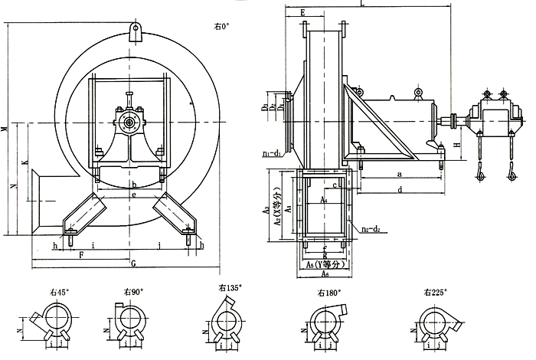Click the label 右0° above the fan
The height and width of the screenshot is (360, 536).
click(222, 26)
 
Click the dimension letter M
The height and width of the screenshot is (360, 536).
click(5, 128)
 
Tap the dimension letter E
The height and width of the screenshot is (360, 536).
click(303, 13)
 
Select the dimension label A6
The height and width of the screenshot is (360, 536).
click(326, 273)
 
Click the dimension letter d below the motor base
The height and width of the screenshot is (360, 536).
click(400, 189)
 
